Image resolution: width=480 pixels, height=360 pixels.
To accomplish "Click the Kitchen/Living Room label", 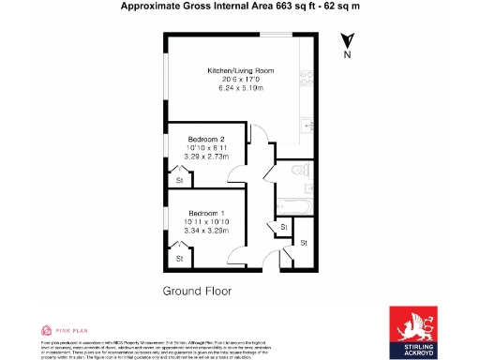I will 240,70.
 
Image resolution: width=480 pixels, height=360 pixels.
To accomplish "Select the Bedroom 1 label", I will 203,213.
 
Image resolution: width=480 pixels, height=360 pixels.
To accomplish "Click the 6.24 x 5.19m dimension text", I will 240,88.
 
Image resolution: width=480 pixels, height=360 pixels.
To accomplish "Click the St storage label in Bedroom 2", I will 178,180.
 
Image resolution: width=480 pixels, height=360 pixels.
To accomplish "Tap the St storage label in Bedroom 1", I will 178,258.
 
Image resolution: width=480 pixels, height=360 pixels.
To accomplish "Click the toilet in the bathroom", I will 298,171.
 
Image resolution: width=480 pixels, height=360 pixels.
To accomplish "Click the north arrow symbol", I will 348,40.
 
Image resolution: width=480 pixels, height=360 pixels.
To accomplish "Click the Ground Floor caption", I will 198,292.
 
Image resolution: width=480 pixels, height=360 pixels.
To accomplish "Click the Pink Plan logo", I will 57,330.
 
